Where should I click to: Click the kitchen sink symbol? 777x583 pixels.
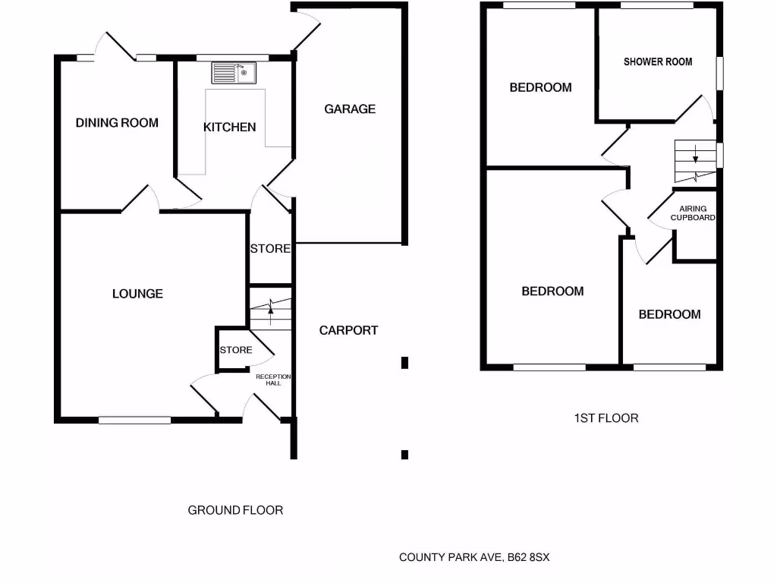click(x=235, y=73)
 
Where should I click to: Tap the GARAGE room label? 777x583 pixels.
click(x=350, y=109)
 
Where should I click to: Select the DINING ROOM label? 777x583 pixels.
click(x=118, y=123)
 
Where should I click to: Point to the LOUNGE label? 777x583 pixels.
click(x=137, y=294)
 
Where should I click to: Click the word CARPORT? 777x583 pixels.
click(x=348, y=331)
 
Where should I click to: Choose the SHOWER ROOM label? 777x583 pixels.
click(x=658, y=61)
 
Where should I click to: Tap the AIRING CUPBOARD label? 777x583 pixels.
click(x=693, y=213)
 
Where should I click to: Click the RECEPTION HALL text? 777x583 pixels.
click(x=273, y=380)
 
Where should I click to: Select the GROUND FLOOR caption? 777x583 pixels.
click(x=235, y=511)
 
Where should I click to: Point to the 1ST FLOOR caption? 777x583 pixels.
click(x=606, y=418)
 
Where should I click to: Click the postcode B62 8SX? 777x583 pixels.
click(x=529, y=558)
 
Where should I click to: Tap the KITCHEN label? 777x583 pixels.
click(x=229, y=128)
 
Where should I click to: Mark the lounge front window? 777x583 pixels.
click(x=134, y=419)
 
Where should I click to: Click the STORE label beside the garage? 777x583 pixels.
click(x=270, y=249)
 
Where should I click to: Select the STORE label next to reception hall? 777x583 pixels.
click(x=236, y=350)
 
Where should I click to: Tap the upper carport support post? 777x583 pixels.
click(x=405, y=363)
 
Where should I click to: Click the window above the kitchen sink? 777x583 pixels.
click(x=232, y=57)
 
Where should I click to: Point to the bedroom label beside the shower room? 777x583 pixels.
click(x=540, y=88)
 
